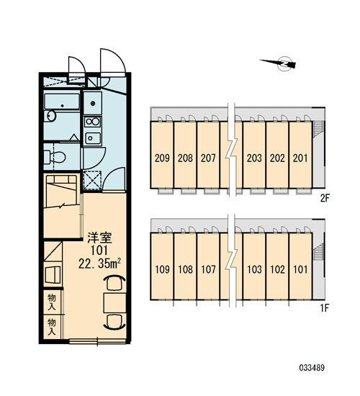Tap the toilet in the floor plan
[x=54, y=157]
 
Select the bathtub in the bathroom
[x=62, y=102]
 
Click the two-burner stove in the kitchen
[x=92, y=122]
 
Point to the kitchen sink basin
[x=92, y=138]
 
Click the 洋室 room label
[x=99, y=238]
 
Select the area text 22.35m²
[x=99, y=264]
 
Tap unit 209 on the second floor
[x=162, y=158]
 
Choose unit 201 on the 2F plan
[x=300, y=158]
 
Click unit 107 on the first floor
[x=208, y=269]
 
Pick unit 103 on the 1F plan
[x=254, y=269]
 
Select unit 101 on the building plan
[x=300, y=269]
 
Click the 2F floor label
[x=325, y=198]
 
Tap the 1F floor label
[x=325, y=308]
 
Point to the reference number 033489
[x=312, y=367]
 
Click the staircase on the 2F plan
[x=318, y=129]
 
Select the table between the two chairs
[x=115, y=303]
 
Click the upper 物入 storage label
[x=52, y=302]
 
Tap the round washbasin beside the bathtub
[x=51, y=116]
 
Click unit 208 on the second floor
[x=185, y=158]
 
